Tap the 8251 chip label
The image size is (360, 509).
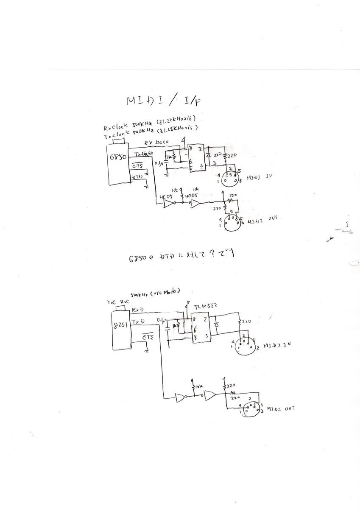120,325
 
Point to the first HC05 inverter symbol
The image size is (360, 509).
169,204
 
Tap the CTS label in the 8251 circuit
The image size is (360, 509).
148,337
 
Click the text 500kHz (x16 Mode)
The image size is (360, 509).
156,293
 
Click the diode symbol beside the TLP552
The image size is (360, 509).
216,324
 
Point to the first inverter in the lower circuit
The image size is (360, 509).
181,398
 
